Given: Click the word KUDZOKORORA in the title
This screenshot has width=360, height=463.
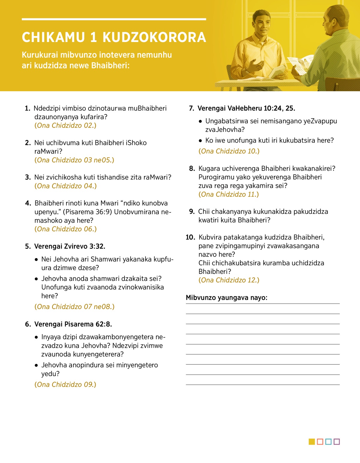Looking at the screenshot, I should click(x=154, y=38).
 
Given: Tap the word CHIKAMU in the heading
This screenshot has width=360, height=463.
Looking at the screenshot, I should click(x=53, y=38).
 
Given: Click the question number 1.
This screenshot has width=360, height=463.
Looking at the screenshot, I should click(x=28, y=108).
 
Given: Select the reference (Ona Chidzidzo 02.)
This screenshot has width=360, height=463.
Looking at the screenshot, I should click(x=65, y=125).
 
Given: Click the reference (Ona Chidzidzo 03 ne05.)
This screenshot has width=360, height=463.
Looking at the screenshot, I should click(x=74, y=160).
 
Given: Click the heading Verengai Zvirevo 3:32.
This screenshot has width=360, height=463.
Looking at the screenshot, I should click(x=70, y=246).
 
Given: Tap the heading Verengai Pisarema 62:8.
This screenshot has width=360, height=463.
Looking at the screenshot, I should click(x=73, y=324).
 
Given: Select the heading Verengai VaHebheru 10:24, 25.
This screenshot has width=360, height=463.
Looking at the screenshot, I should click(x=246, y=108).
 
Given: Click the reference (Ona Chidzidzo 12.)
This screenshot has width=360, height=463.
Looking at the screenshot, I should click(x=229, y=280).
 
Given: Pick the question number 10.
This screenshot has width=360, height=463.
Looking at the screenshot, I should click(x=190, y=237).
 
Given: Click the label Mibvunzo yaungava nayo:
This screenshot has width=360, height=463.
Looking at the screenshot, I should click(x=226, y=298).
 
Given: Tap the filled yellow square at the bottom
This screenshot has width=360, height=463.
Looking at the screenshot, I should click(x=312, y=442).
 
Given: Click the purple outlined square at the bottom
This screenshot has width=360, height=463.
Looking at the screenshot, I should click(x=337, y=442).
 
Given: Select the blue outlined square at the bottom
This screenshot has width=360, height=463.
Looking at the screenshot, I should click(x=328, y=442).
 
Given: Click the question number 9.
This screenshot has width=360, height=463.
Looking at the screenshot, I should click(x=192, y=212).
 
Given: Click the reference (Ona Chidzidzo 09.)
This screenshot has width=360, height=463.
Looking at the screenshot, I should click(x=65, y=384).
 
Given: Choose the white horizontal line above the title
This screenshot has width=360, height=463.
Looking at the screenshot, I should click(x=114, y=19).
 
